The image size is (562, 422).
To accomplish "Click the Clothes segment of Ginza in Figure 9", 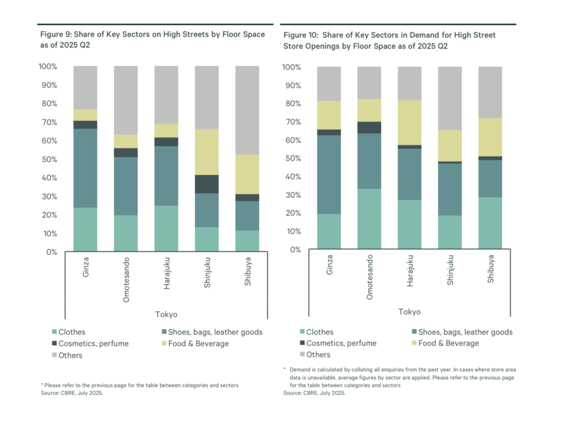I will click(86, 229).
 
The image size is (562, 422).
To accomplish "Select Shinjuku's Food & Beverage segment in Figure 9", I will click(207, 152).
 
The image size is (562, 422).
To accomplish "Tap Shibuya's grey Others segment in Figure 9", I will click(247, 110).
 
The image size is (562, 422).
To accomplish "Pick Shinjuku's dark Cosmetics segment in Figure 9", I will click(207, 184).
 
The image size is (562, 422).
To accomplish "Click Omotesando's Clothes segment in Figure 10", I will click(369, 219).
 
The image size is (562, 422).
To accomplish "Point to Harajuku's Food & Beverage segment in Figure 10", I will click(409, 123).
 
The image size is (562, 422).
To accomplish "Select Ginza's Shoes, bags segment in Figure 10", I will click(329, 175).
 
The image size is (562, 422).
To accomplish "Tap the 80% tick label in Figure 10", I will click(293, 104).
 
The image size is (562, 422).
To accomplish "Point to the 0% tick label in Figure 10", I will click(295, 250).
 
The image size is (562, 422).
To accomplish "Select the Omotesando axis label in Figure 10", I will click(369, 277).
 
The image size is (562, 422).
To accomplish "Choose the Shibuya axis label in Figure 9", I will click(248, 272).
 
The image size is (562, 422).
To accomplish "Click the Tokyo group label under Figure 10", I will click(409, 312).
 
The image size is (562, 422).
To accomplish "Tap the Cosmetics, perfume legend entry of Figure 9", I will click(93, 344).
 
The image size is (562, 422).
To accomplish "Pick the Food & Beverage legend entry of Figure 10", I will click(448, 343).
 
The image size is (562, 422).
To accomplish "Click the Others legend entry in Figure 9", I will click(70, 355).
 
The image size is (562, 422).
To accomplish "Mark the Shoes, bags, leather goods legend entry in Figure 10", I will click(465, 332).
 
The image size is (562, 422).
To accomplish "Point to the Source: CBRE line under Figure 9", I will click(72, 393).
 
